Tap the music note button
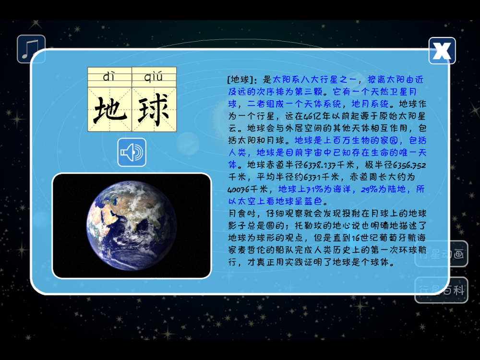coord(31,49)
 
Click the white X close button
coord(442,51)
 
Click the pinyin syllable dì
coord(109,76)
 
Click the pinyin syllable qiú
coord(154,76)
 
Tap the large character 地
coord(109,109)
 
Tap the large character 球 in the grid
coord(154,109)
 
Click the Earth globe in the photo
coord(132,226)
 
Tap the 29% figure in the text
coord(370,189)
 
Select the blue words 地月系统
coord(370,104)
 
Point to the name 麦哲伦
coord(252,250)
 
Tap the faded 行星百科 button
coord(442,290)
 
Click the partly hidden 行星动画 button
coord(442,254)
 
